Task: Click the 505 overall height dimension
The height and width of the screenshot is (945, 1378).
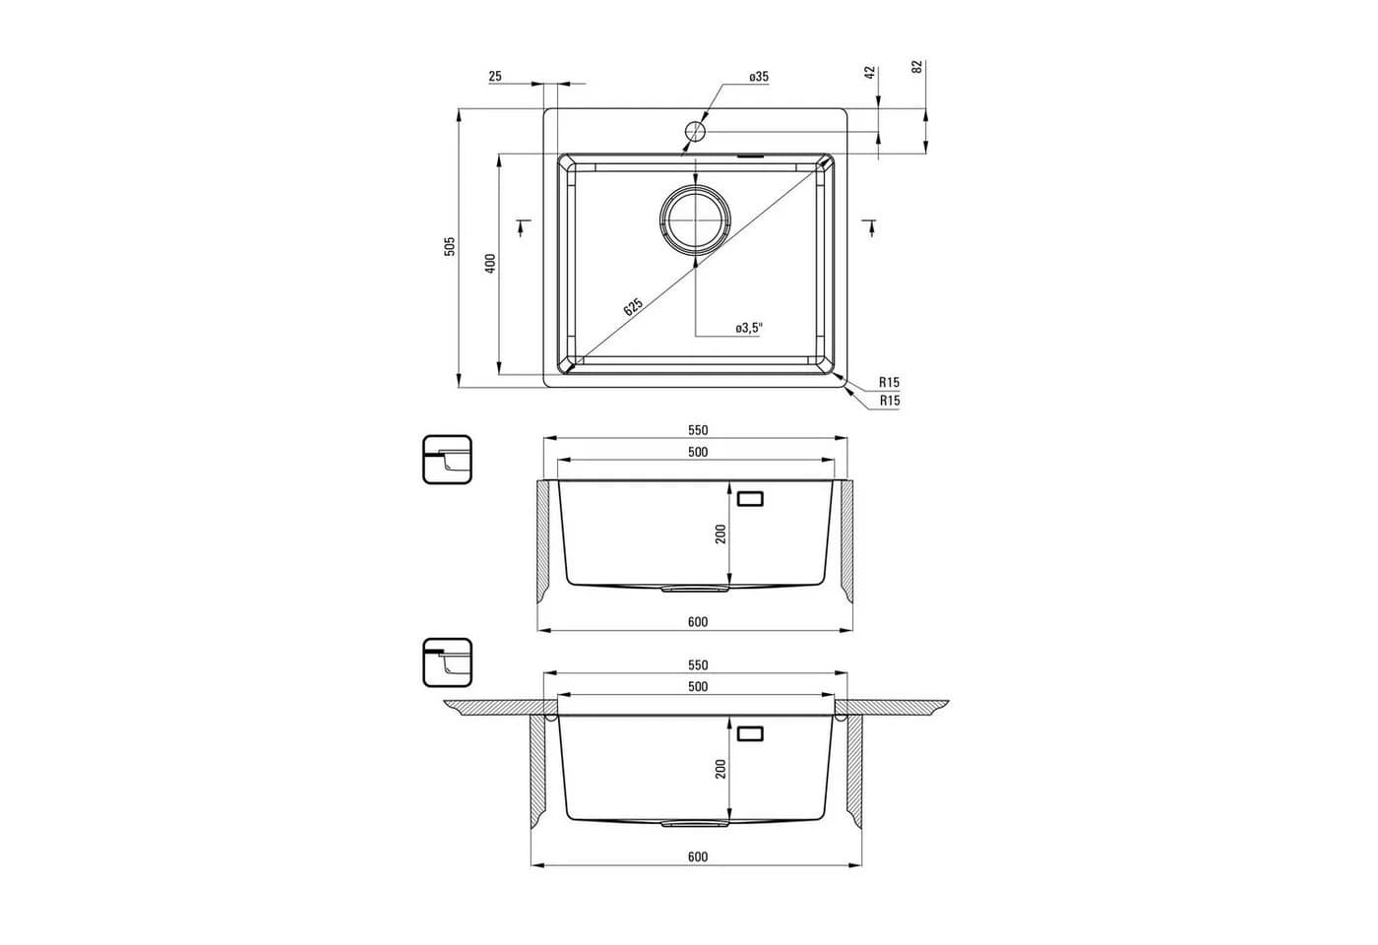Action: pos(451,247)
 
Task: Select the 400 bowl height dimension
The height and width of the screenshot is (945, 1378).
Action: pos(490,264)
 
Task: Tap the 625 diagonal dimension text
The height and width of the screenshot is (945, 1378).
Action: pos(633,306)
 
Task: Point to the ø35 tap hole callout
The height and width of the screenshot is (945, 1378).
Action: pos(759,77)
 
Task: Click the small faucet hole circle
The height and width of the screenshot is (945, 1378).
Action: pos(695,131)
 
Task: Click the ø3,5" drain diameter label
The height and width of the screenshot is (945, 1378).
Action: pos(749,328)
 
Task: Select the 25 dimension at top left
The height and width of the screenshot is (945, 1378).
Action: pos(495,77)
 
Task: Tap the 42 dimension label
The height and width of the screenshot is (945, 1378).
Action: pos(870,72)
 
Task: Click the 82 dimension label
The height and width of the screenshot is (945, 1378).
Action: pos(917,67)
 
